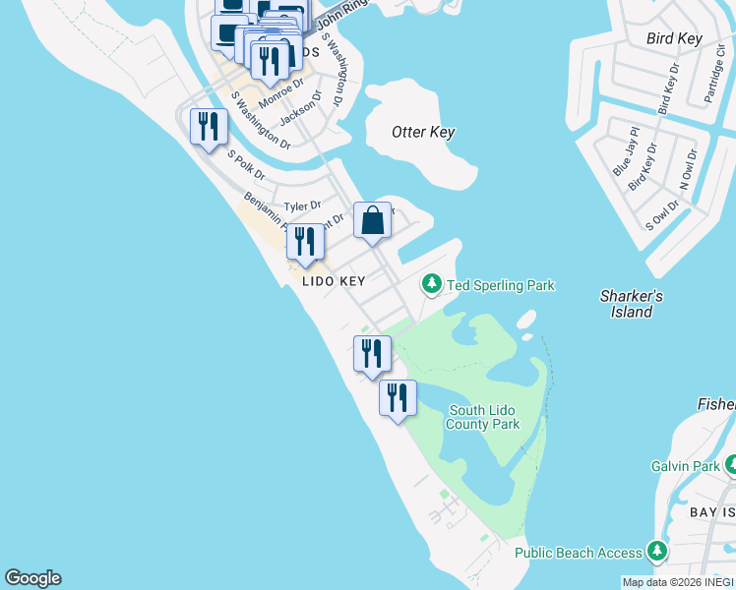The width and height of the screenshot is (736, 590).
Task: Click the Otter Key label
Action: (423, 132)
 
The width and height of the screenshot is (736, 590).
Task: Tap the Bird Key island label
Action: (674, 39)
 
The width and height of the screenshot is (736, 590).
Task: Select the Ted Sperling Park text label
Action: (501, 285)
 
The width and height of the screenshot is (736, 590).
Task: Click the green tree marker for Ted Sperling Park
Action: (431, 284)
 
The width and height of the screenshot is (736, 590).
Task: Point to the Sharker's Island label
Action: (632, 304)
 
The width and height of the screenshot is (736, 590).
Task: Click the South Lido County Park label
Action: (482, 417)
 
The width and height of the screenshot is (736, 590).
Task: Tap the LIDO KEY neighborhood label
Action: (334, 281)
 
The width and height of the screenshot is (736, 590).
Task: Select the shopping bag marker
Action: (373, 221)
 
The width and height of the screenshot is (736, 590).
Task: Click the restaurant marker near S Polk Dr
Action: (210, 127)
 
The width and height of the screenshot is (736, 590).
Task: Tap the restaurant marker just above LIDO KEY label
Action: (305, 242)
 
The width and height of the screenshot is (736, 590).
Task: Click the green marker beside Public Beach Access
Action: (657, 552)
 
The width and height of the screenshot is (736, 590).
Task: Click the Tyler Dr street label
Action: (302, 206)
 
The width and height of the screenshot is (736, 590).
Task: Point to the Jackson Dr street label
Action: (300, 108)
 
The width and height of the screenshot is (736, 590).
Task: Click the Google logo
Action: (32, 578)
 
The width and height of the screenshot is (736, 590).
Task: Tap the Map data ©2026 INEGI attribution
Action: (677, 582)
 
